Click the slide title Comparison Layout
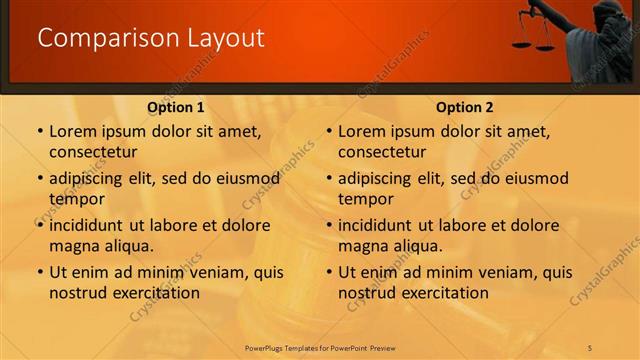coord(151,38)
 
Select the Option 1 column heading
coord(176,107)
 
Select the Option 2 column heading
coord(465,107)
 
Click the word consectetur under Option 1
coord(92,152)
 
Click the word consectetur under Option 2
coord(381,152)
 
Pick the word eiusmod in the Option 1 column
coord(247,179)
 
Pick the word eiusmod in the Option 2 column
coord(536,179)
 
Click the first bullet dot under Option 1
coord(40,131)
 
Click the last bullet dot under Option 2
coord(329,272)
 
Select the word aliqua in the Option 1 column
coord(128,246)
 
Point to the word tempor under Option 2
coord(366,199)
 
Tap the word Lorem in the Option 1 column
coord(72,131)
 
